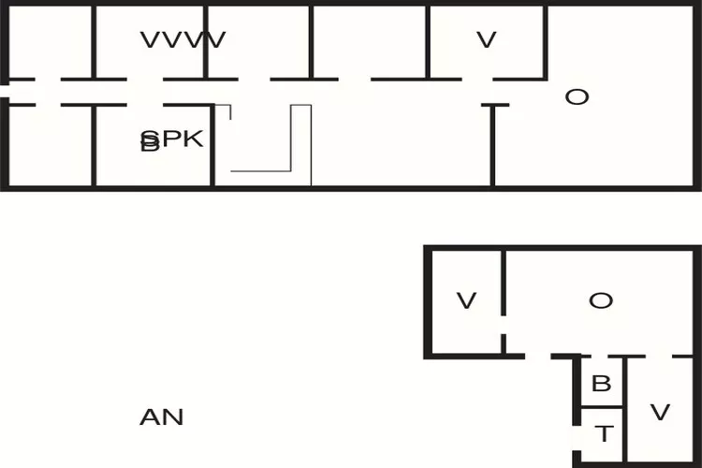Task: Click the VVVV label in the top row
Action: pyautogui.click(x=183, y=40)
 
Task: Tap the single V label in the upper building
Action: pyautogui.click(x=485, y=40)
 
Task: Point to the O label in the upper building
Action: pyautogui.click(x=577, y=96)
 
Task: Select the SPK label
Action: pyautogui.click(x=172, y=140)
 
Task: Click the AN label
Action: pyautogui.click(x=162, y=417)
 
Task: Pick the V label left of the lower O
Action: pyautogui.click(x=466, y=300)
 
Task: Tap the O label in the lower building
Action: pyautogui.click(x=600, y=300)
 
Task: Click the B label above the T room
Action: pyautogui.click(x=602, y=383)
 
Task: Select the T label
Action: pyautogui.click(x=604, y=433)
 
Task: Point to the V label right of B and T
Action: pyautogui.click(x=660, y=412)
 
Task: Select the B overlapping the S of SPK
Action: pyautogui.click(x=148, y=144)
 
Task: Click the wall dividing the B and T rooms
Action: pyautogui.click(x=602, y=406)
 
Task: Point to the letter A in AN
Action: pyautogui.click(x=150, y=417)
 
